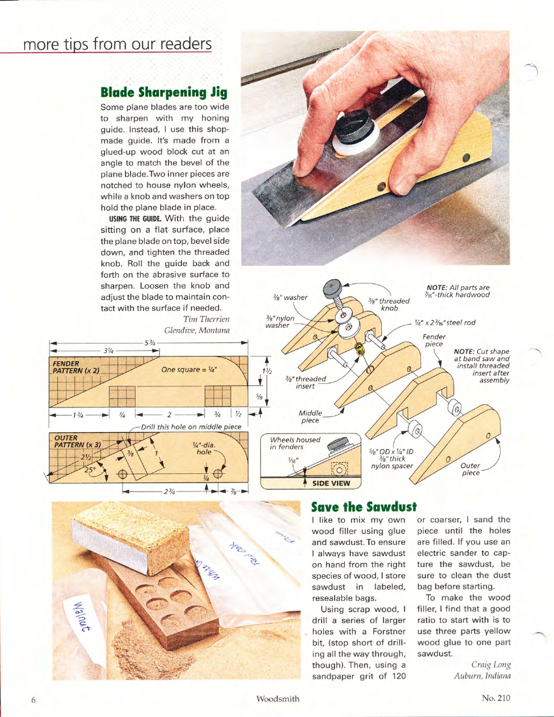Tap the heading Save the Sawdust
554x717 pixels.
(363, 506)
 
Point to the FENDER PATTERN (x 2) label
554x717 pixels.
(74, 367)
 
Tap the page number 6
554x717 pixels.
(33, 699)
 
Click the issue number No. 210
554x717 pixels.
(495, 698)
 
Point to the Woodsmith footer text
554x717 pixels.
(278, 699)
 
